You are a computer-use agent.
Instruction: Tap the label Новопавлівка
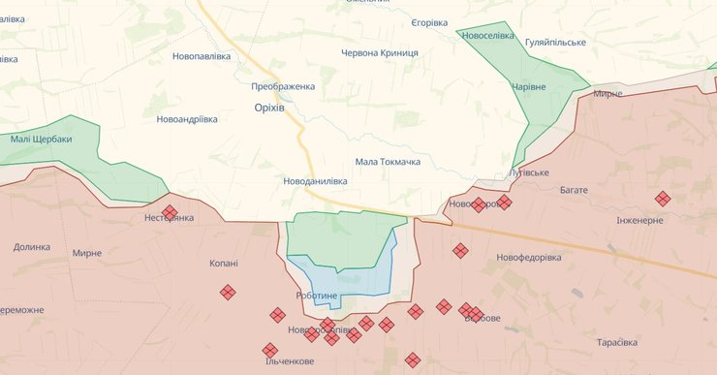click(202, 56)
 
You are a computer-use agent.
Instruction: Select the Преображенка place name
click(283, 86)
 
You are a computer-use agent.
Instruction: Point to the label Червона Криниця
click(380, 52)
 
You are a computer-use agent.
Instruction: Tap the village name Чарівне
click(529, 86)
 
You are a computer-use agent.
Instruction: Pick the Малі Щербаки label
click(42, 139)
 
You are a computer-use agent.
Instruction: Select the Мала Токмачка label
click(388, 162)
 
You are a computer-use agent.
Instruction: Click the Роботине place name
click(317, 295)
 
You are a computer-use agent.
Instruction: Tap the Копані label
click(224, 263)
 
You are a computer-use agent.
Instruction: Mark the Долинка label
click(31, 246)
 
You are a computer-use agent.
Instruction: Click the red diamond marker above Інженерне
click(663, 199)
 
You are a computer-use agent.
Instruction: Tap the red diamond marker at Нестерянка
click(170, 212)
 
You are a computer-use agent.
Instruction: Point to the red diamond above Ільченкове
click(270, 350)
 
